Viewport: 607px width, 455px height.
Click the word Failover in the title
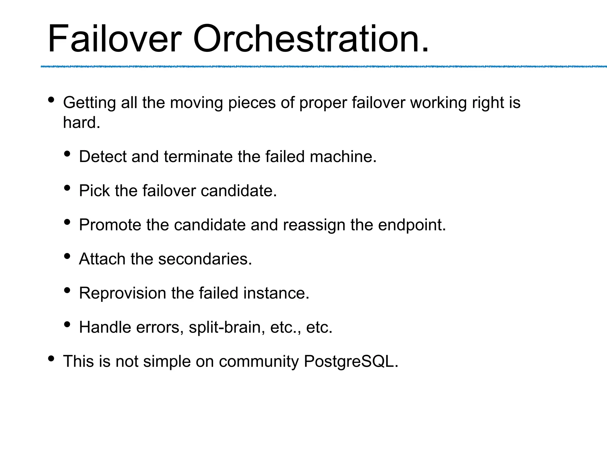pyautogui.click(x=114, y=39)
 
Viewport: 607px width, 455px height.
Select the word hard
pyautogui.click(x=82, y=122)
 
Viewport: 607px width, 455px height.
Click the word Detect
pyautogui.click(x=103, y=156)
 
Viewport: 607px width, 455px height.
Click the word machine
pyautogui.click(x=343, y=156)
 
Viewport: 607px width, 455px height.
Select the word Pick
pyautogui.click(x=94, y=190)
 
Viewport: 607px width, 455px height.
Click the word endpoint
pyautogui.click(x=412, y=225)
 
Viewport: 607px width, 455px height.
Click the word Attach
pyautogui.click(x=102, y=259)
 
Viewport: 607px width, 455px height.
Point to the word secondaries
pyautogui.click(x=205, y=259)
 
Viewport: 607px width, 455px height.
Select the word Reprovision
pyautogui.click(x=122, y=293)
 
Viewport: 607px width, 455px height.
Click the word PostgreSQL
pyautogui.click(x=351, y=361)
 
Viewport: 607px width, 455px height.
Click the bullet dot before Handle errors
pyautogui.click(x=67, y=324)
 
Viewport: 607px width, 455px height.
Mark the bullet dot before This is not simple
pyautogui.click(x=51, y=358)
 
